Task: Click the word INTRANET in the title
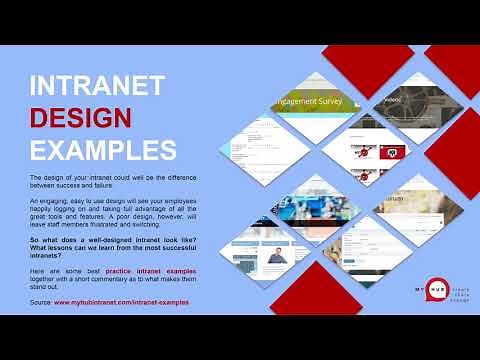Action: pos(96,86)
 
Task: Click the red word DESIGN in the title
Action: pos(80,118)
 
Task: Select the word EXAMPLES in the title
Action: pos(102,150)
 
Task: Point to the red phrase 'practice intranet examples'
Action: pos(140,271)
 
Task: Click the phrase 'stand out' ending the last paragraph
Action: pos(47,285)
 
